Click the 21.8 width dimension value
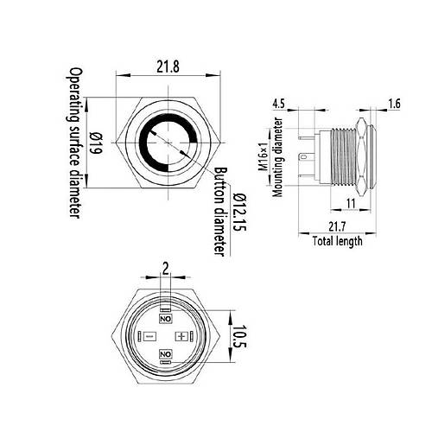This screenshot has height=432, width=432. pos(168,67)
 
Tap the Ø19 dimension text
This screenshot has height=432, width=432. pos(95,143)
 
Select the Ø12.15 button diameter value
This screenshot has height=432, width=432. pos(240,212)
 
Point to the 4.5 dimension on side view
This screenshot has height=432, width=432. pos(278,104)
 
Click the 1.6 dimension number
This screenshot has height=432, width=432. pos(394,104)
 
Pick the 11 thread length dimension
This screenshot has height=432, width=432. pos(351,203)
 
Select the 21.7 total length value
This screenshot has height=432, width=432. pos(337,226)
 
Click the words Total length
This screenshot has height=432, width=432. pos(338,241)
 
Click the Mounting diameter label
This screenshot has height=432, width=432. pos(278,157)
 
